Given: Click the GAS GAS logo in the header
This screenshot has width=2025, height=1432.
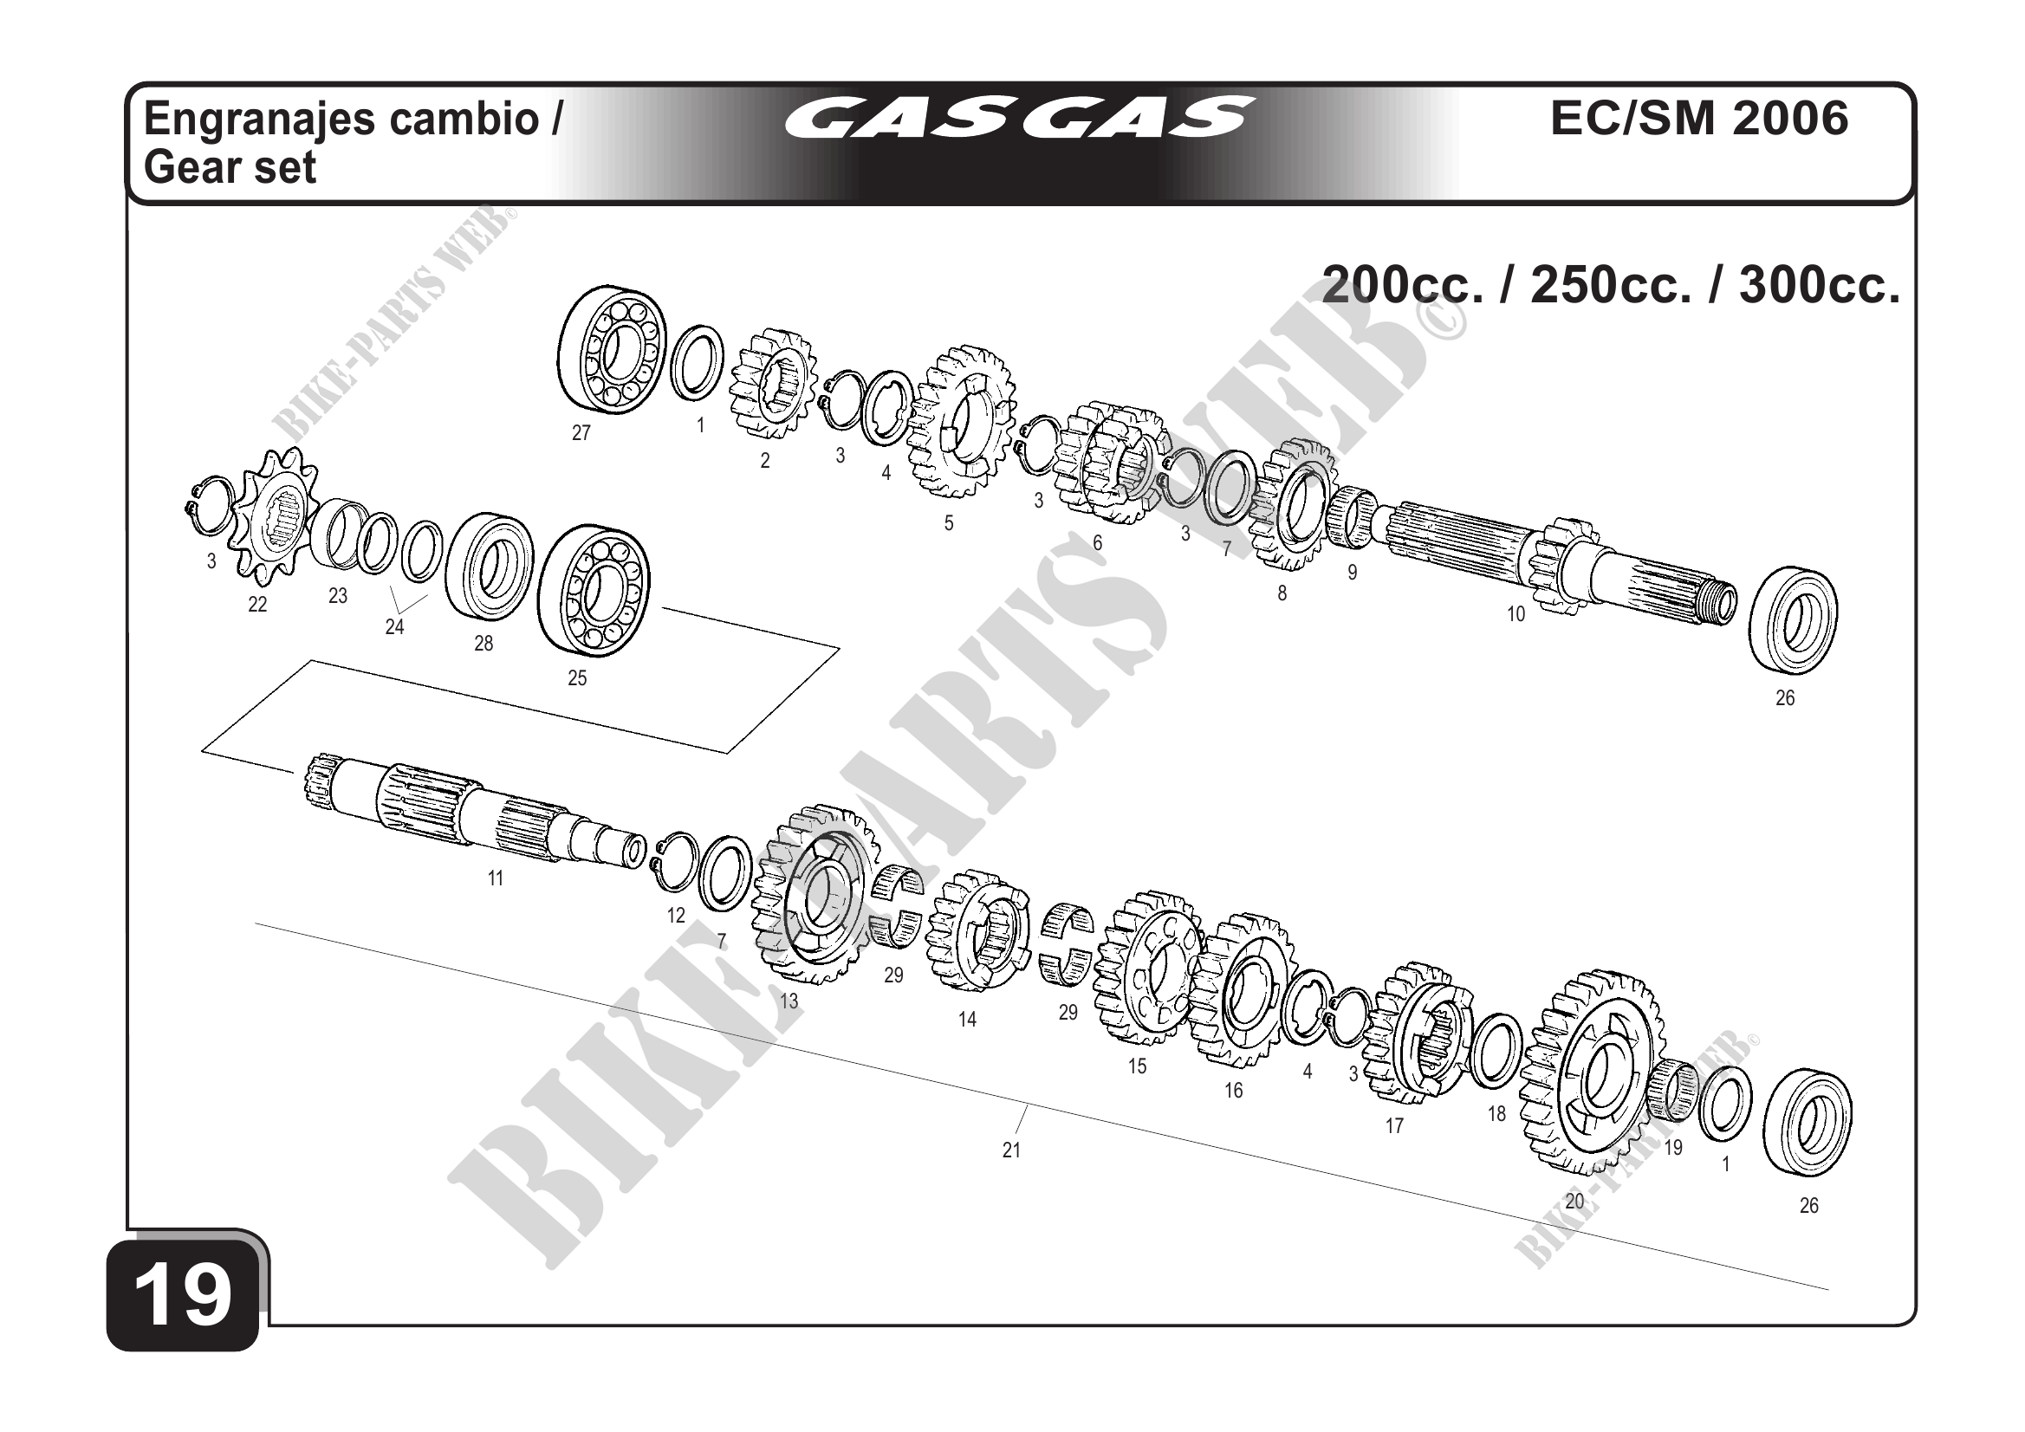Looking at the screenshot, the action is point(1020,118).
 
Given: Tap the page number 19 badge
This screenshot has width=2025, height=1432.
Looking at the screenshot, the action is point(184,1296).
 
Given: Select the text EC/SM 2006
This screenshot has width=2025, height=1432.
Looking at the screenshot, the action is point(1698,118).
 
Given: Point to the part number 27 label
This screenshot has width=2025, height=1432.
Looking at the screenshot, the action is point(581,433).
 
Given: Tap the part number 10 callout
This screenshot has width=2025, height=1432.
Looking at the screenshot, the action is point(1516,613).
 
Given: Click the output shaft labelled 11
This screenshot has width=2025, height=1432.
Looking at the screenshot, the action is point(477,809).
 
